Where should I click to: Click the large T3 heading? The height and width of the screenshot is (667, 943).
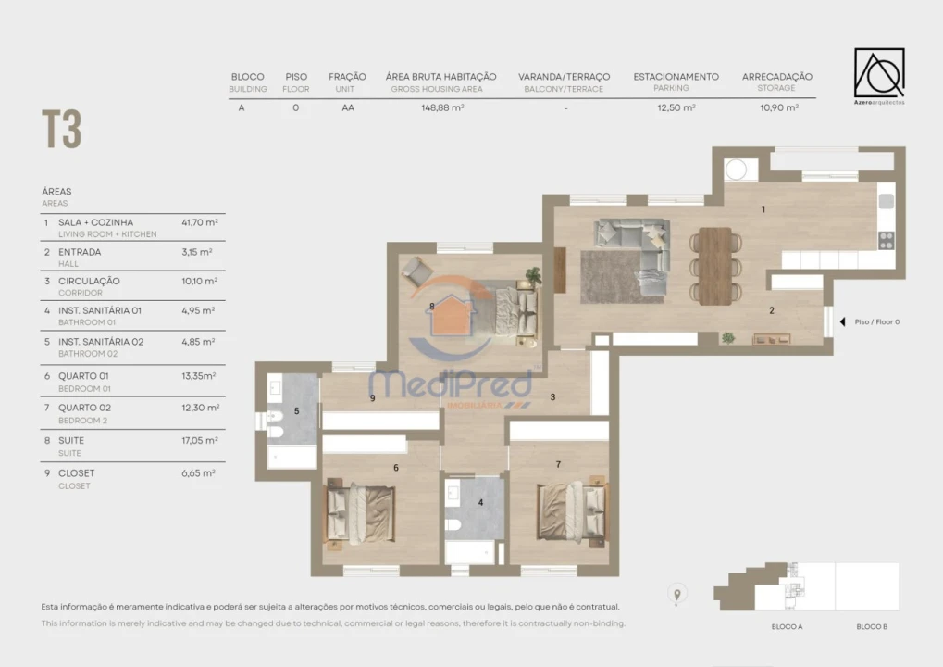(x=61, y=130)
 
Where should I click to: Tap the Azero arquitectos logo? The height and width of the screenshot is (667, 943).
(x=878, y=75)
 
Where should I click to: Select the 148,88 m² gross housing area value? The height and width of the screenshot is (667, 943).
(x=440, y=107)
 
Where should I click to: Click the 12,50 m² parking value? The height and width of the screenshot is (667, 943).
(x=676, y=107)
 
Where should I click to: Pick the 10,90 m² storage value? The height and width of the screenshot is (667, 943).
(x=777, y=107)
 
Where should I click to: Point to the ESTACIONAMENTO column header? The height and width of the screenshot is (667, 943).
(x=676, y=77)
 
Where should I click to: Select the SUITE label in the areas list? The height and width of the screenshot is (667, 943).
(x=71, y=441)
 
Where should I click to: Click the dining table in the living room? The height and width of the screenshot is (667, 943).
(x=714, y=266)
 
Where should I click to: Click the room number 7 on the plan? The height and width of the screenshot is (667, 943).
(x=558, y=463)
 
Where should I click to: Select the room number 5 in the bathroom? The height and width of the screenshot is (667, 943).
(x=296, y=410)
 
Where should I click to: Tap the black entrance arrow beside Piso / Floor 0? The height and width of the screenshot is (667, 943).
(x=842, y=322)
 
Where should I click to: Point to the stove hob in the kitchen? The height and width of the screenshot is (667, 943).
(x=886, y=240)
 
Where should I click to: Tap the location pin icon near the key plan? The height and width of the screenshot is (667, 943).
(x=677, y=594)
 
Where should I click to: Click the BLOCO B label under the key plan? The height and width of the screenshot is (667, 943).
(x=872, y=627)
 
